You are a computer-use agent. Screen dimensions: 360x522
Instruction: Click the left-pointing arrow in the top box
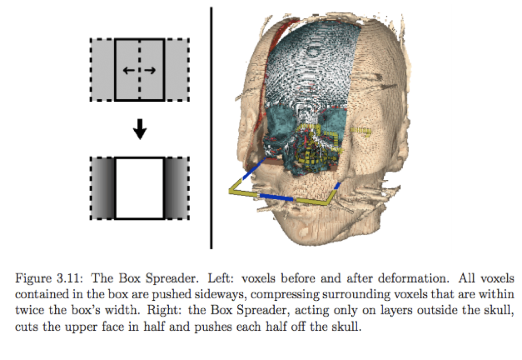coord(129,71)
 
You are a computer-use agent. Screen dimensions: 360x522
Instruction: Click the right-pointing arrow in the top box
coord(150,71)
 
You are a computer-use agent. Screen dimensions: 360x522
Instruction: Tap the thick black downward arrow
coord(140,130)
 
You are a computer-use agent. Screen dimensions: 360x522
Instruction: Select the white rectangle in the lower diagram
coord(140,188)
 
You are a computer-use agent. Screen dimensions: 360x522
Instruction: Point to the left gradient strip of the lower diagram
coord(103,188)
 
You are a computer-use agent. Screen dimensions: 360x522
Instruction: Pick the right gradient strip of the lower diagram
coord(176,188)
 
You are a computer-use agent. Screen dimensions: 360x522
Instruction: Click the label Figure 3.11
coord(44,279)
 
